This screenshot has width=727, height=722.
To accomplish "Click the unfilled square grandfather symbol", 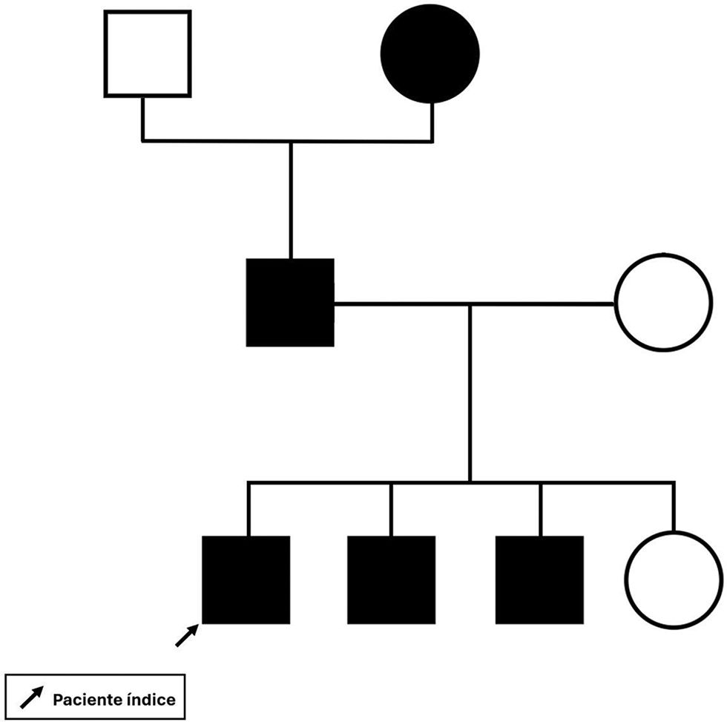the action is click(148, 53).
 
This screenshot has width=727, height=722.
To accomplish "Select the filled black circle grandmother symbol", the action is click(430, 53).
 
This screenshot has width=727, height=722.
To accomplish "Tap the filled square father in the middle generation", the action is click(290, 302).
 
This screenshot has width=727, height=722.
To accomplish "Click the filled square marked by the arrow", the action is click(246, 580).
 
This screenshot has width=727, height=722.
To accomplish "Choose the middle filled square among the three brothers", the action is click(391, 580).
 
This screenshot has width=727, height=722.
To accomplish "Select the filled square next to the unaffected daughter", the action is click(539, 580).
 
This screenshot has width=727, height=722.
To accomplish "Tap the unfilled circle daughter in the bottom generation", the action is click(674, 580).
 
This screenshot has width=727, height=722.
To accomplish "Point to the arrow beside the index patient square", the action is click(187, 636).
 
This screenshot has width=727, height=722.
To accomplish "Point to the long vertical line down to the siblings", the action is click(470, 393).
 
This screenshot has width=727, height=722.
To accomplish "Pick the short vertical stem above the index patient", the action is click(248, 509).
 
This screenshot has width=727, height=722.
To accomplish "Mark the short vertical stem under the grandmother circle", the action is click(431, 121).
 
